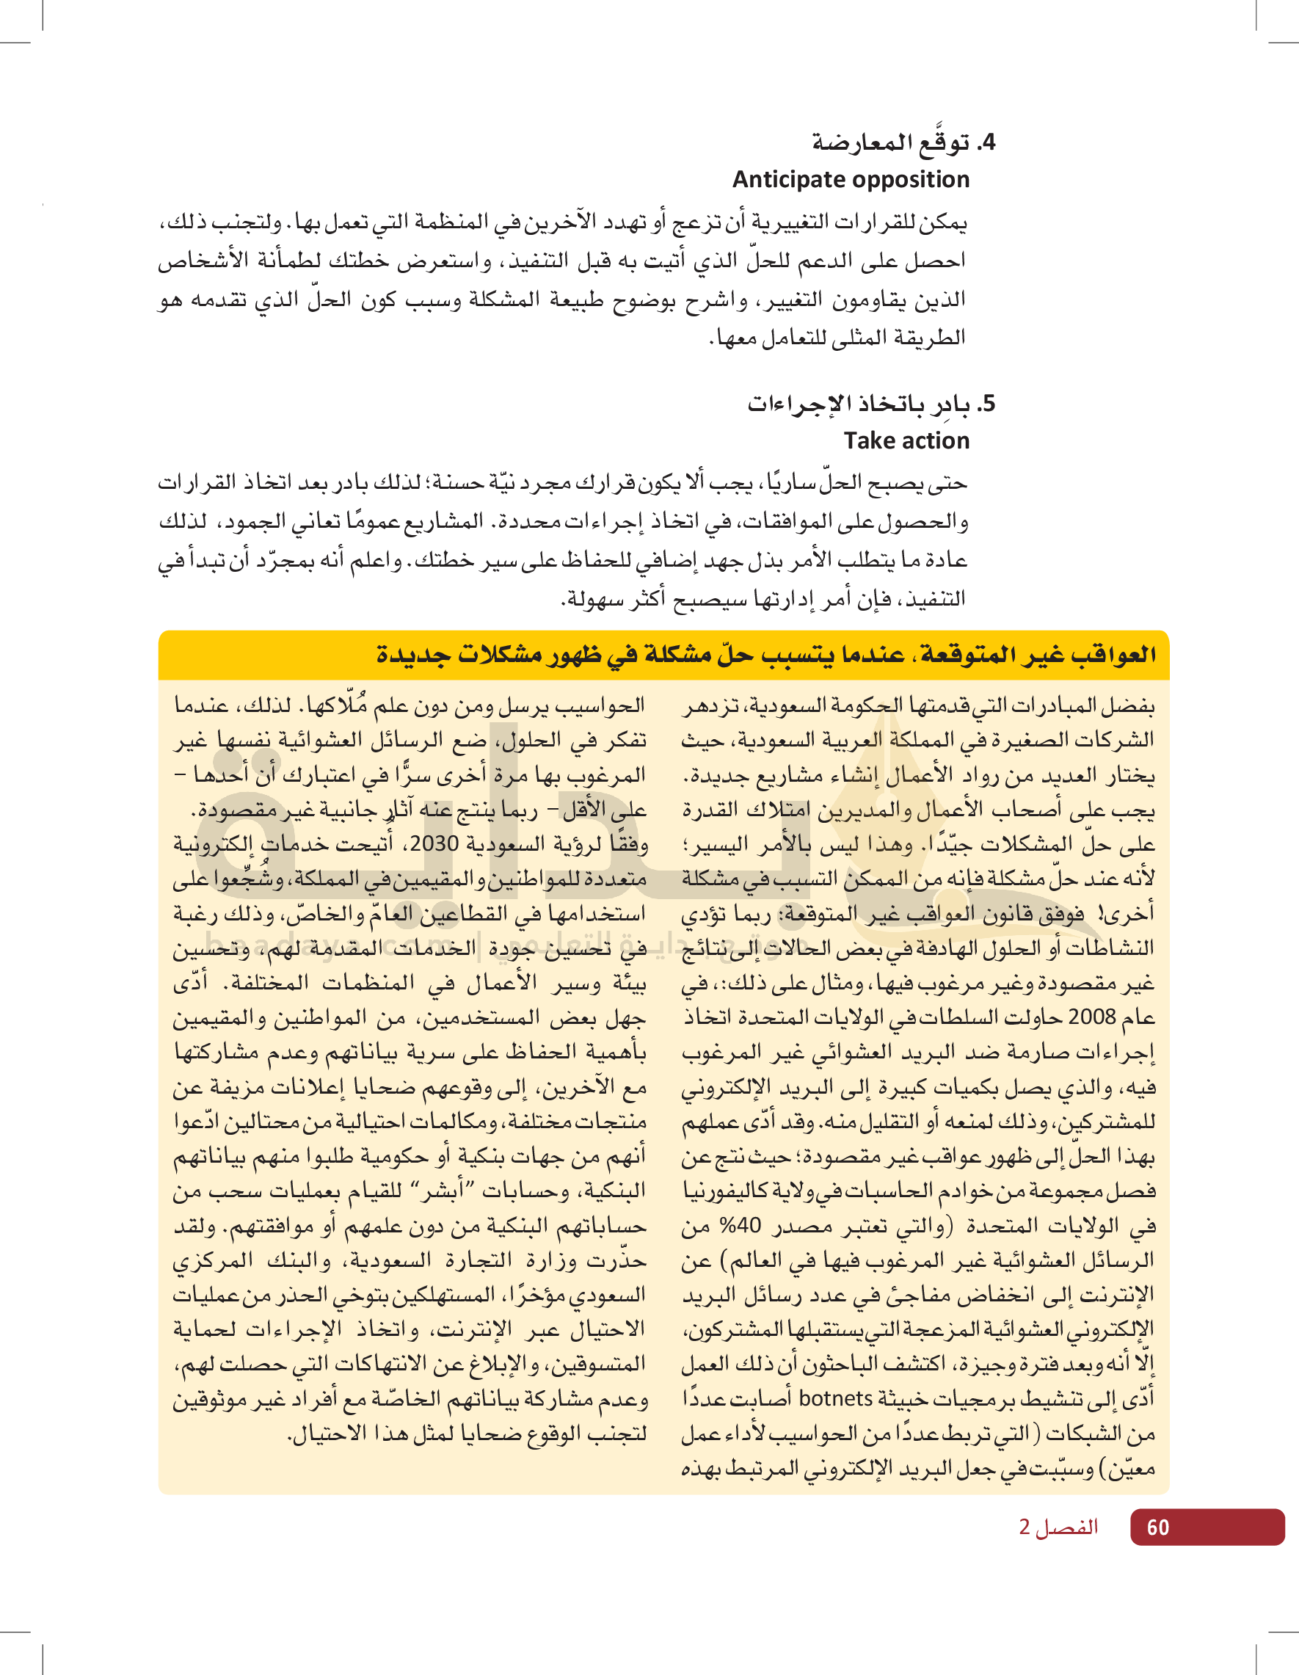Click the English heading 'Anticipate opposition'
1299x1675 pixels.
851,179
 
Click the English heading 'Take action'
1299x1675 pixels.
906,441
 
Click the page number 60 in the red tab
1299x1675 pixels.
1157,1527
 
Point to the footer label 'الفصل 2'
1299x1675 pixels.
1058,1527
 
